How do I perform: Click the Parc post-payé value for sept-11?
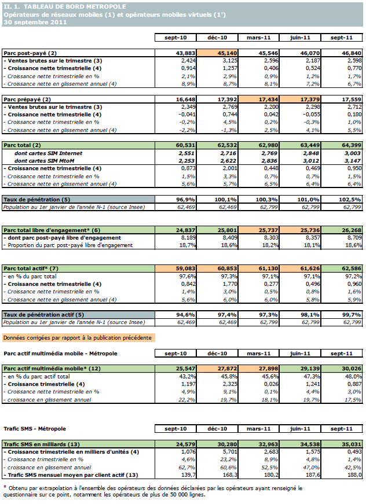tap(342, 53)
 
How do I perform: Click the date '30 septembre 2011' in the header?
tap(35, 22)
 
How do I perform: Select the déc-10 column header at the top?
tap(215, 38)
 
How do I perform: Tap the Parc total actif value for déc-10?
tap(216, 268)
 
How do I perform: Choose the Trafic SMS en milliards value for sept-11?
tap(342, 444)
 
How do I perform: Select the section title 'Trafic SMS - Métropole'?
tap(35, 429)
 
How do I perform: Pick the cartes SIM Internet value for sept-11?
tap(343, 153)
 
